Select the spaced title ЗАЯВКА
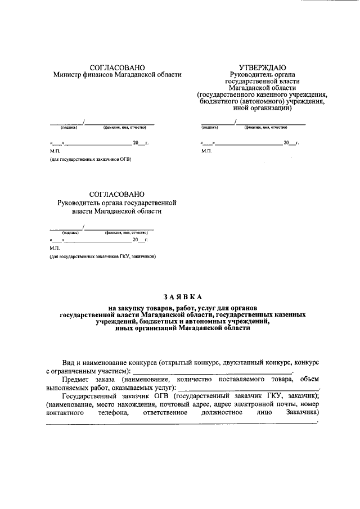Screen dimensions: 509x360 [x=182, y=296]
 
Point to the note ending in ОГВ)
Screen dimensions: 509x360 [x=91, y=159]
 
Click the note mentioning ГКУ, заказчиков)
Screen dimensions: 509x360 [x=103, y=256]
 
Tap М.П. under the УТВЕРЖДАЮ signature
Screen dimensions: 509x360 [x=206, y=151]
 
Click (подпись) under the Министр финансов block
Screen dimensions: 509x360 [x=61, y=128]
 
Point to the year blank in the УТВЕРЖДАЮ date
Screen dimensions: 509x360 [x=291, y=143]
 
